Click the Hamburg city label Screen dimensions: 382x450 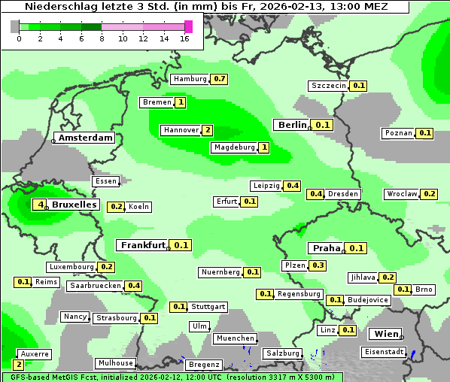pyautogui.click(x=190, y=79)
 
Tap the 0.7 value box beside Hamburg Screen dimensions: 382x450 pyautogui.click(x=220, y=79)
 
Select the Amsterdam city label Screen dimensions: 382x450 pyautogui.click(x=85, y=138)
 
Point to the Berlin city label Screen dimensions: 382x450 pyautogui.click(x=292, y=125)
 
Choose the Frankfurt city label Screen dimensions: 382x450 pyautogui.click(x=142, y=245)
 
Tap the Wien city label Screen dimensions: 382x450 pyautogui.click(x=385, y=334)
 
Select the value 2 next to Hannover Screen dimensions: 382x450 pyautogui.click(x=208, y=130)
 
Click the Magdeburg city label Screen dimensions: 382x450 pyautogui.click(x=233, y=147)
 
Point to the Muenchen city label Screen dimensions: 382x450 pyautogui.click(x=235, y=339)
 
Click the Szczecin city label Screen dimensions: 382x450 pyautogui.click(x=329, y=86)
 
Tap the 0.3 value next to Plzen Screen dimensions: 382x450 pyautogui.click(x=318, y=265)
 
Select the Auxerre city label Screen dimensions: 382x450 pyautogui.click(x=35, y=353)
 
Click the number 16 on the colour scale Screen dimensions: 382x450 pyautogui.click(x=185, y=39)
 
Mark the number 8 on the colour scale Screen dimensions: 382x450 pyautogui.click(x=102, y=39)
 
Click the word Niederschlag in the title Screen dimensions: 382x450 pyautogui.click(x=61, y=7)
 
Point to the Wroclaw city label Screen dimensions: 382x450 pyautogui.click(x=401, y=194)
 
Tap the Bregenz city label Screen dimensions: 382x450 pyautogui.click(x=204, y=365)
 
